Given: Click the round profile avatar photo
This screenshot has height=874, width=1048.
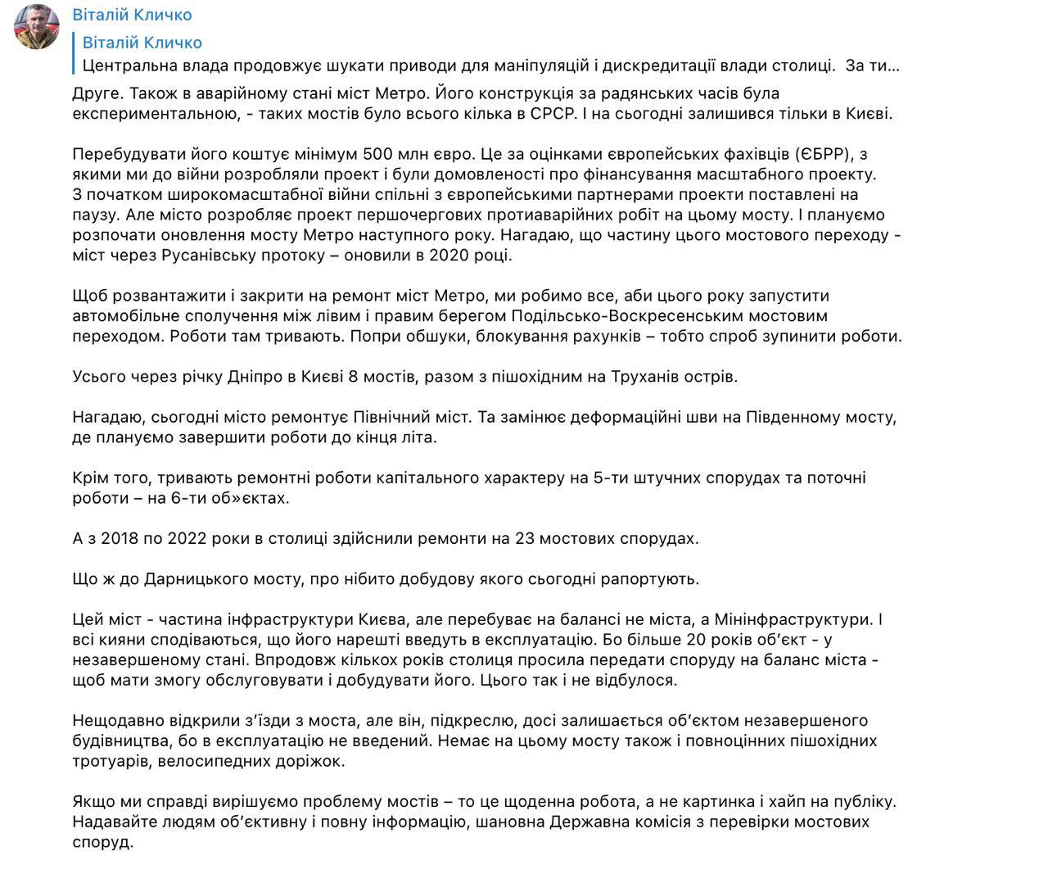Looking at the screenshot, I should (x=37, y=26).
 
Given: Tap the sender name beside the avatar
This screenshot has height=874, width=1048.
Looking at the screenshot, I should (x=132, y=15).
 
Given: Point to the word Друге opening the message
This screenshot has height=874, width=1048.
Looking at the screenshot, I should (x=95, y=94).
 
